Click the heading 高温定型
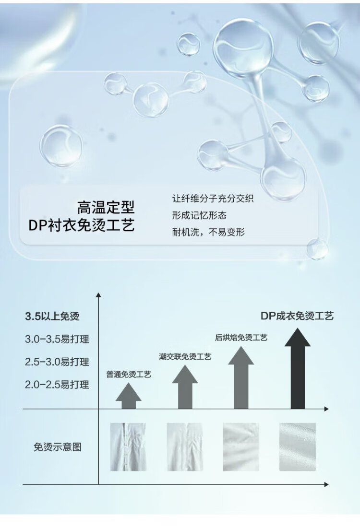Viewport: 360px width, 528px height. coord(106,207)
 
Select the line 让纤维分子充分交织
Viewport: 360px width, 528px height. coord(213,198)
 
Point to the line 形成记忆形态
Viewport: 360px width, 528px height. coord(199,215)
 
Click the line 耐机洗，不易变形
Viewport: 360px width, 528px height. coord(208,233)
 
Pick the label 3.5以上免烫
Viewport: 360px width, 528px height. coord(52,316)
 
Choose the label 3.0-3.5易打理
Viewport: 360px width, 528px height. coord(57,339)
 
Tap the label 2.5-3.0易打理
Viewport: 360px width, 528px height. coord(57,361)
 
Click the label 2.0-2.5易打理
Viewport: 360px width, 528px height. coord(57,384)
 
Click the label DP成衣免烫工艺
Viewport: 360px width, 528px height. coord(297,316)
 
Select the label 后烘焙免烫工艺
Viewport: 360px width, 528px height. coord(241,338)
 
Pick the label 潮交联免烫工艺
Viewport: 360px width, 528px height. coord(185,356)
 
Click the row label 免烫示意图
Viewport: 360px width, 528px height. coord(58,447)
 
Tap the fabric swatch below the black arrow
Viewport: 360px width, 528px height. coord(298,446)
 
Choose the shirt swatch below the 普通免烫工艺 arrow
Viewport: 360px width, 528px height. coord(128,446)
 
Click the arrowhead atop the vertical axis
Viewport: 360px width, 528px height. coord(98,295)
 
